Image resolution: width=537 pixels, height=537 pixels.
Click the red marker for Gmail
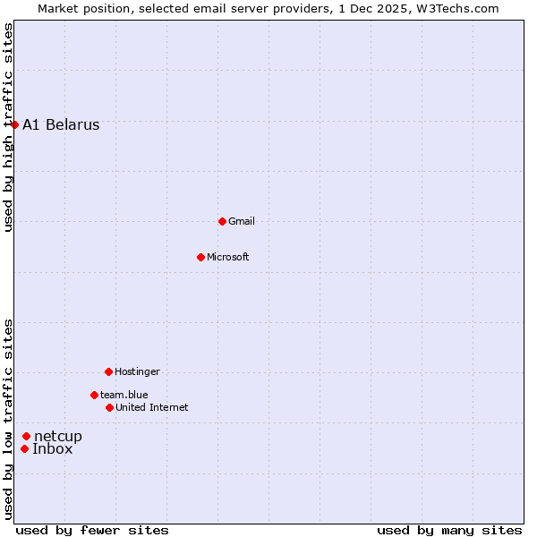[x=222, y=221]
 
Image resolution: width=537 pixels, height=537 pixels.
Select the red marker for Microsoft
[x=200, y=257]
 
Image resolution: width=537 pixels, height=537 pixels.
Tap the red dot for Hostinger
[x=108, y=371]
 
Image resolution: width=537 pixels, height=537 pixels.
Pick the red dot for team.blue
[x=94, y=395]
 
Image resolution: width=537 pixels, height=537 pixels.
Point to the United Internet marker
[x=109, y=407]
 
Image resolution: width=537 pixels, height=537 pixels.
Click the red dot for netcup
[x=26, y=436]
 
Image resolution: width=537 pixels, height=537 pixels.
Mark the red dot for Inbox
[x=24, y=448]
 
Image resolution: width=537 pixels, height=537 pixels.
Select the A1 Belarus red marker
[x=14, y=124]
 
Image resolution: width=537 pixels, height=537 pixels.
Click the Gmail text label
[x=242, y=221]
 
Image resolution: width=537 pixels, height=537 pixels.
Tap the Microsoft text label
[x=228, y=257]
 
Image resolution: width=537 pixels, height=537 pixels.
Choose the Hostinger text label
[x=137, y=371]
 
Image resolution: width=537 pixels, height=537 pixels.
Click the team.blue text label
[x=124, y=395]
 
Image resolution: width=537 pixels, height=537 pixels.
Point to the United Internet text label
[x=152, y=407]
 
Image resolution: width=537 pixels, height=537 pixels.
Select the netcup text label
[x=58, y=436]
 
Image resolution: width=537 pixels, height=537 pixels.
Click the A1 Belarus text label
[x=61, y=124]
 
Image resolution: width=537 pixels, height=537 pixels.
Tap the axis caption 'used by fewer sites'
[x=92, y=530]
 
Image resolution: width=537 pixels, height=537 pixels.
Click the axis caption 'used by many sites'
[x=449, y=530]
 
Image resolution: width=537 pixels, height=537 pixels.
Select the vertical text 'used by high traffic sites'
[x=8, y=127]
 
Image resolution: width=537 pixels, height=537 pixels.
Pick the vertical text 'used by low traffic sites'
[x=8, y=418]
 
